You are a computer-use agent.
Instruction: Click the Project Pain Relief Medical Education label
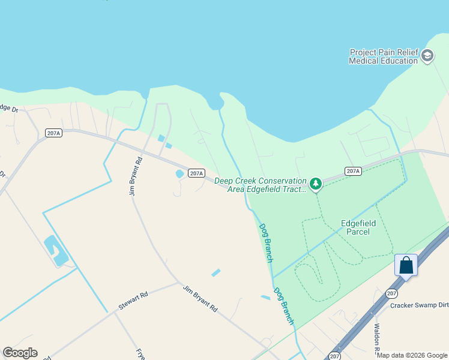[x=384, y=56]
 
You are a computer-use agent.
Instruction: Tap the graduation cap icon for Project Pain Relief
[x=427, y=56]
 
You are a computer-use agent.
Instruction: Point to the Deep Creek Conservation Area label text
[x=261, y=185]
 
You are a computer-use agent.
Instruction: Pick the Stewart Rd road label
[x=133, y=301]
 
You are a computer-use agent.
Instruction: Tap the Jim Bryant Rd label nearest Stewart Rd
[x=200, y=298]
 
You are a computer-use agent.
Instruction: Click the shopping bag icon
[x=406, y=265]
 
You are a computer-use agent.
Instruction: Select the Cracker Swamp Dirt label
[x=419, y=305]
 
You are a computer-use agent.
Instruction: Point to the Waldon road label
[x=378, y=340]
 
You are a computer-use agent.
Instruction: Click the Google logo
[x=20, y=353]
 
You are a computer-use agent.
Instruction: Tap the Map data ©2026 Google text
[x=412, y=355]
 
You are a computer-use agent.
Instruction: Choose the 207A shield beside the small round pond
[x=196, y=173]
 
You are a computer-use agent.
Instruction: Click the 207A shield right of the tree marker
[x=354, y=172]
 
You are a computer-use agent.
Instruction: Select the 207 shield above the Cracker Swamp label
[x=391, y=293]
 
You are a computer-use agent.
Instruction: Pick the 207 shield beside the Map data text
[x=334, y=356]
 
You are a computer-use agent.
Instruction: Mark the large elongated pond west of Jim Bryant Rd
[x=56, y=251]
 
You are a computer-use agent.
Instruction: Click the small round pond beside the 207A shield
[x=179, y=174]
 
